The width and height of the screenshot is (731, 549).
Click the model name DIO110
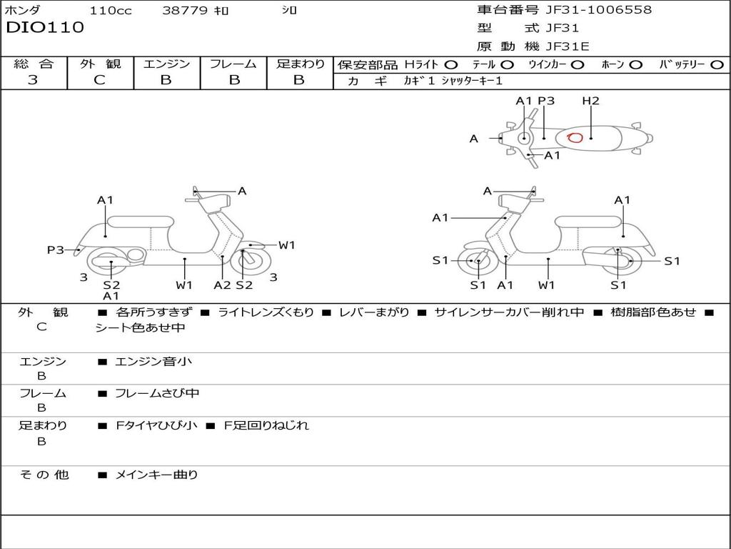point(45,28)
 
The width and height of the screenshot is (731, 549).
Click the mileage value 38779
point(185,11)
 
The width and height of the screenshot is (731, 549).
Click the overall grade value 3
point(33,80)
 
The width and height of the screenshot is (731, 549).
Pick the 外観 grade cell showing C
point(100,80)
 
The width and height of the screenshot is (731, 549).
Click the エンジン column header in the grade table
point(166,64)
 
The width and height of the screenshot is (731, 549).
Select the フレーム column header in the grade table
point(233,64)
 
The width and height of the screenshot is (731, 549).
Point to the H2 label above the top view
point(590,101)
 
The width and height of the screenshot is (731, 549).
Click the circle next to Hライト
point(451,64)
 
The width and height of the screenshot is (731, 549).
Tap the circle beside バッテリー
point(717,64)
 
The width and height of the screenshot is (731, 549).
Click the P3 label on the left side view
point(56,249)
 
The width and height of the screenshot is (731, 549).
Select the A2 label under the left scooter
point(223,285)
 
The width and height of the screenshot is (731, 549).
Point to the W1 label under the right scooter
point(547,285)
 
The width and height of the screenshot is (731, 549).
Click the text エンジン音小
point(153,362)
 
